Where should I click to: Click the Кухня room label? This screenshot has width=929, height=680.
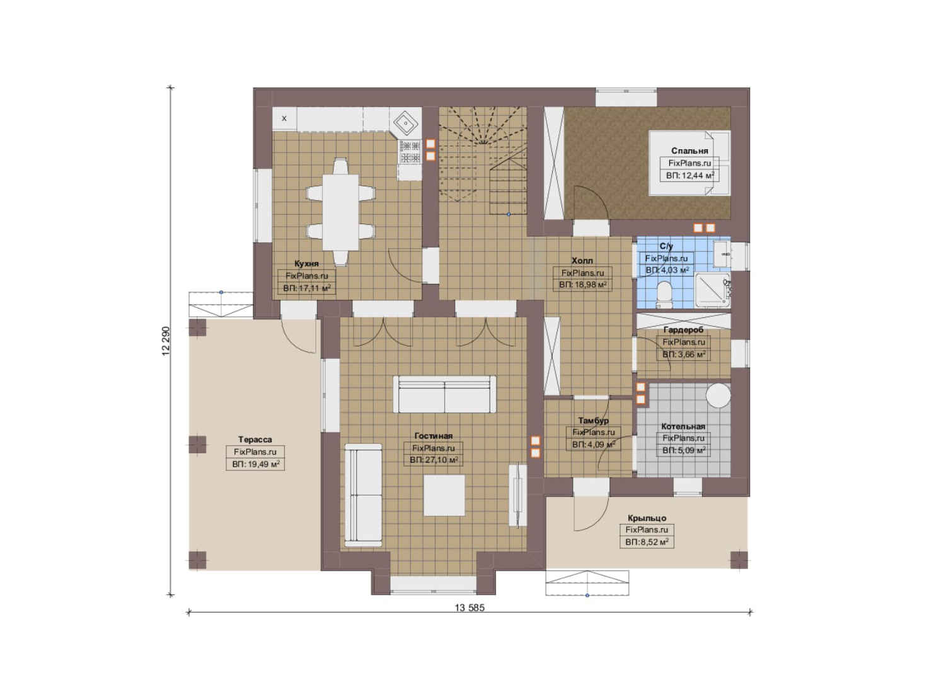(306, 264)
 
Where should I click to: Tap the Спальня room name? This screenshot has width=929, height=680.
(690, 151)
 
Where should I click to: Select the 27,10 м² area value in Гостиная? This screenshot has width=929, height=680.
(442, 460)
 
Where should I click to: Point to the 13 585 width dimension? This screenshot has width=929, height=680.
(470, 608)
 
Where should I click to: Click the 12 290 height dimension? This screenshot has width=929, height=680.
(166, 341)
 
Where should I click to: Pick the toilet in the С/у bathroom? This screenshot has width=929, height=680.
(664, 295)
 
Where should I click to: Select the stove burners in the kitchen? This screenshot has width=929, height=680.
(410, 152)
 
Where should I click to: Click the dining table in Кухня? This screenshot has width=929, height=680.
(340, 212)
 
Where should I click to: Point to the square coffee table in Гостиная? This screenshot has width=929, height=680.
(444, 495)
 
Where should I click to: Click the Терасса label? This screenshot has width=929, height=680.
(255, 439)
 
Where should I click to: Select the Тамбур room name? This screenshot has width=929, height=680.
(594, 421)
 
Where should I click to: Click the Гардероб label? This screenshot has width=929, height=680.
(683, 330)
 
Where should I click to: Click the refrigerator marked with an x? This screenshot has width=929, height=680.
(284, 119)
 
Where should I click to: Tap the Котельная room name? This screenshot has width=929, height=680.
(683, 426)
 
